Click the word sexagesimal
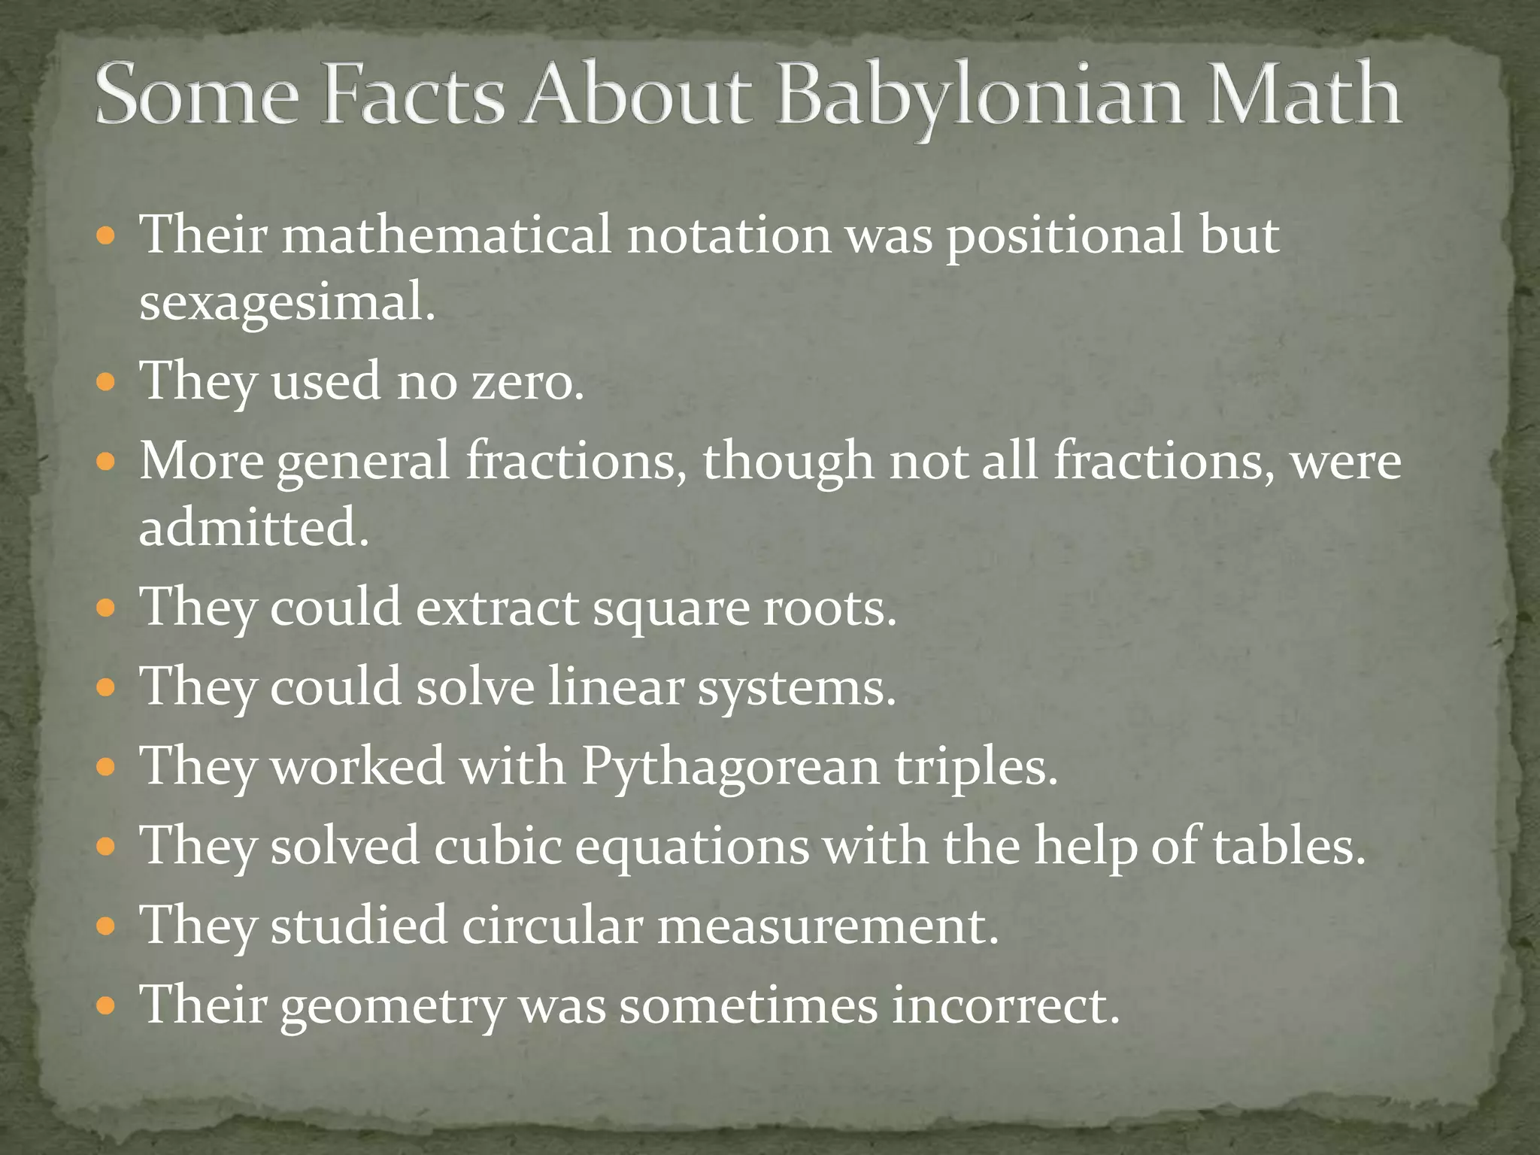[x=286, y=303]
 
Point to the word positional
[x=1064, y=235]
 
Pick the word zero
[x=526, y=381]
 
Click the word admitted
[x=253, y=527]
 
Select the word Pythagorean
[x=729, y=767]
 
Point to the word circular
[x=552, y=926]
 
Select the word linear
[x=615, y=687]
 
